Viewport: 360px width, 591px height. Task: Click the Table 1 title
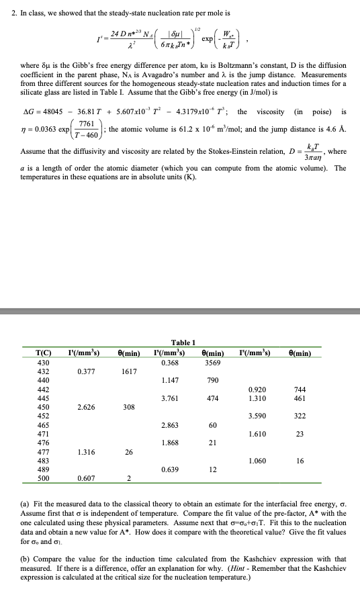coord(183,343)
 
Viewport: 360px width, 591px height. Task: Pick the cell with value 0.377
coord(85,371)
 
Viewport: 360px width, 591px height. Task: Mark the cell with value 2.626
coord(85,407)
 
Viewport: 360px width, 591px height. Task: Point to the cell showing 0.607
coord(85,479)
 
